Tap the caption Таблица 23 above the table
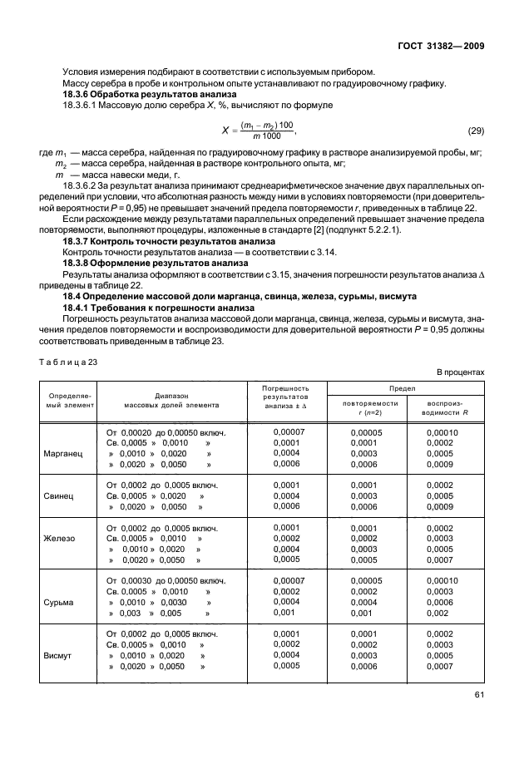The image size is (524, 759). pos(67,361)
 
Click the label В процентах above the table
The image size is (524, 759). pos(460,372)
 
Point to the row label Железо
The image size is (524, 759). pos(59,538)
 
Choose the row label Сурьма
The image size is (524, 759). pos(59,601)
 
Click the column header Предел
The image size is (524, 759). pos(405,387)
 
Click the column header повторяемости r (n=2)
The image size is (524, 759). pos(364,407)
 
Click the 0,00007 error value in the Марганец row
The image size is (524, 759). pos(289,432)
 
